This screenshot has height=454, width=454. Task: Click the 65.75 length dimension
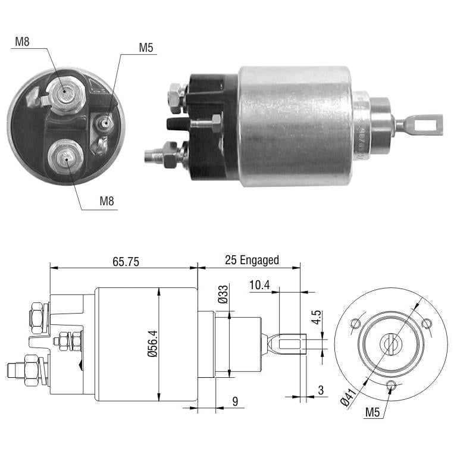click(126, 262)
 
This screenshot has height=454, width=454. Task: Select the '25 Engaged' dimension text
click(252, 260)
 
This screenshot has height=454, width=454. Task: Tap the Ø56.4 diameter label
click(152, 344)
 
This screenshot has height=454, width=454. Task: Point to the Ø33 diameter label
click(223, 294)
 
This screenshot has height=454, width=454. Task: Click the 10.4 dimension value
click(259, 285)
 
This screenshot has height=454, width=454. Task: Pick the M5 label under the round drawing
click(372, 412)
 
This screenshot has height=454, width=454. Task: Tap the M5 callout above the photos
click(146, 48)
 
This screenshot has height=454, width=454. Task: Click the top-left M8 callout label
click(22, 42)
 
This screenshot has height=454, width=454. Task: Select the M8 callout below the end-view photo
click(107, 201)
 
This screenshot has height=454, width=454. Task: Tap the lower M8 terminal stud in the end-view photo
click(65, 156)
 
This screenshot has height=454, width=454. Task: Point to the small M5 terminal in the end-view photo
click(105, 124)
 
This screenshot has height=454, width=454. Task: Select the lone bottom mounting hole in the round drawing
click(392, 385)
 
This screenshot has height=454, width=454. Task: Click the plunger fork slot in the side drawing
click(290, 344)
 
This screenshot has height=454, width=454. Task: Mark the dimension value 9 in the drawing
click(235, 401)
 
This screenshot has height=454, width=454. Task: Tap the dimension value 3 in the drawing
click(321, 390)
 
